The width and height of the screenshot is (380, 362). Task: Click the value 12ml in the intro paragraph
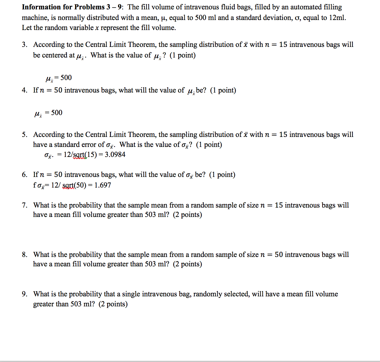(337, 18)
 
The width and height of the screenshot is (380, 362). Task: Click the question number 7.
(24, 205)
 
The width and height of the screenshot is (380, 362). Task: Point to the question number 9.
(24, 294)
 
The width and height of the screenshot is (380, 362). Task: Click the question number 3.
(24, 45)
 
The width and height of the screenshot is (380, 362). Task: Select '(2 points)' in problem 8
(187, 264)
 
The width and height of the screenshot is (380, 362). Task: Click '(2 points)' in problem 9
(113, 304)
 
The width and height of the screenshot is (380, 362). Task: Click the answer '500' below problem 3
(66, 78)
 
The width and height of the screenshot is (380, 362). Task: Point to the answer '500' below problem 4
(57, 113)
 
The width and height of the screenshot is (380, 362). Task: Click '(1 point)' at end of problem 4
(223, 90)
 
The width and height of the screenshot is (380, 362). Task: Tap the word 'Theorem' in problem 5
(142, 135)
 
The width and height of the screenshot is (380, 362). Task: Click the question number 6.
(24, 175)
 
